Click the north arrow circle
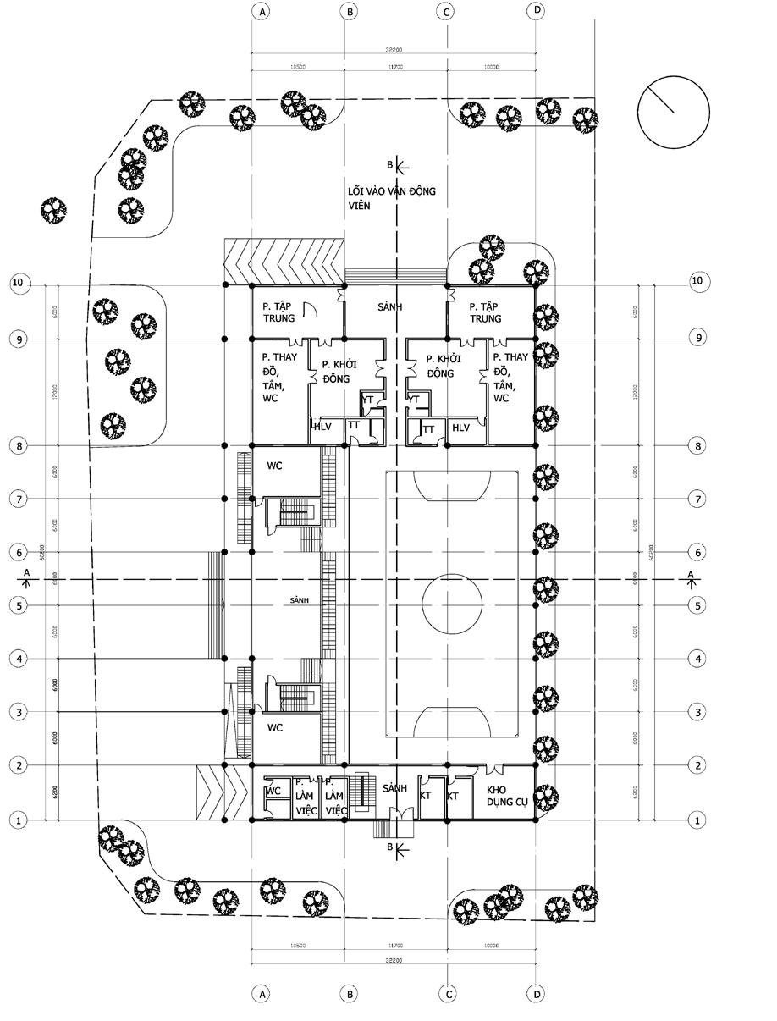pyautogui.click(x=673, y=112)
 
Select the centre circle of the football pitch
pyautogui.click(x=453, y=605)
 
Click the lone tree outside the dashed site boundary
pyautogui.click(x=53, y=209)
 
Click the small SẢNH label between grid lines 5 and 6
pyautogui.click(x=299, y=599)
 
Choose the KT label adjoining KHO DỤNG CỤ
pyautogui.click(x=452, y=797)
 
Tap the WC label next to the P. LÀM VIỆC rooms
pyautogui.click(x=273, y=792)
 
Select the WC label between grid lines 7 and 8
pyautogui.click(x=275, y=466)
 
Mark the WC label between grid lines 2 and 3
pyautogui.click(x=275, y=727)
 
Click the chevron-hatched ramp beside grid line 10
pyautogui.click(x=284, y=261)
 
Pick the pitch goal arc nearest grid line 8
pyautogui.click(x=452, y=485)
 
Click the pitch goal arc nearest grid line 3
pyautogui.click(x=452, y=722)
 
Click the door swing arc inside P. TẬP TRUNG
pyautogui.click(x=311, y=311)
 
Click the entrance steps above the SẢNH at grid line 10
pyautogui.click(x=395, y=276)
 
